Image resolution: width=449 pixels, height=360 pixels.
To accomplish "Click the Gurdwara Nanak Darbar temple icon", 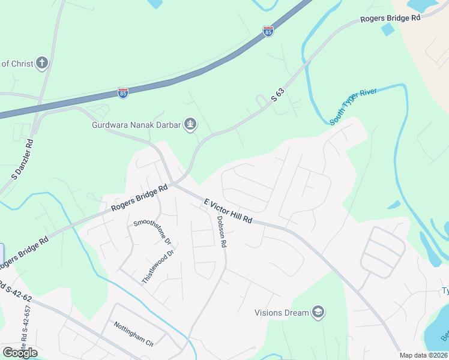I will (x=190, y=125).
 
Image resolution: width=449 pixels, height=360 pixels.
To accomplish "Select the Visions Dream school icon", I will (x=319, y=312).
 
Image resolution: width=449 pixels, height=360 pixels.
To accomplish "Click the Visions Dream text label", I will (x=282, y=313).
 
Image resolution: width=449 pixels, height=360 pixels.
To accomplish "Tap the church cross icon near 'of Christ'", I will (x=41, y=63).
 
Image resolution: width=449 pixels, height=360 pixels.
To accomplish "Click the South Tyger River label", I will (x=353, y=106).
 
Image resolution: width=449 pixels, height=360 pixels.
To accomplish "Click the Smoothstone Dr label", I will (x=153, y=232).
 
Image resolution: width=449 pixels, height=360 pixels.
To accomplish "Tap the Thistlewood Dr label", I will (x=158, y=267).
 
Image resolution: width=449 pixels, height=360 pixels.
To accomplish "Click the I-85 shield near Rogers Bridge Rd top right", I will (x=268, y=31).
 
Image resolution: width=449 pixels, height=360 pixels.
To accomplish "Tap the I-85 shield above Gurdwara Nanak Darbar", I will (x=123, y=93).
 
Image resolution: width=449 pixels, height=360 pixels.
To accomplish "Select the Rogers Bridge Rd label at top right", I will (x=390, y=19).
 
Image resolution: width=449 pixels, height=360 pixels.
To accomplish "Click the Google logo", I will (x=20, y=352).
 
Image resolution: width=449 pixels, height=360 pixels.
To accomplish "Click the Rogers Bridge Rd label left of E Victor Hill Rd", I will (x=139, y=199).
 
